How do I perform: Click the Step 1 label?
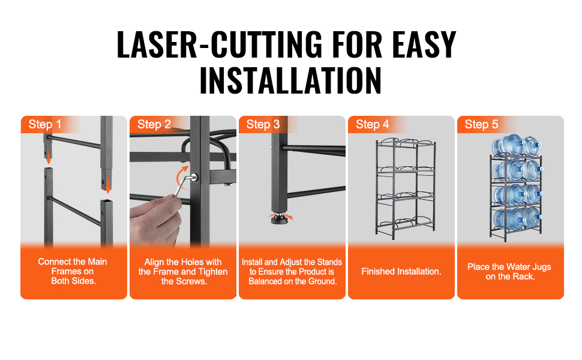[45, 124]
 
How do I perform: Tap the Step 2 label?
[154, 124]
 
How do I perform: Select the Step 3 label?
[263, 124]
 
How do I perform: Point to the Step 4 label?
[372, 124]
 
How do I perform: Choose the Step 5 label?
[481, 124]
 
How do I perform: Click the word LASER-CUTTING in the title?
[220, 45]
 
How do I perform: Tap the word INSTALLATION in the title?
[290, 80]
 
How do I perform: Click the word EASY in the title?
[424, 45]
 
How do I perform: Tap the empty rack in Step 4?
[406, 188]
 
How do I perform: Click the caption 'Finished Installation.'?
[401, 271]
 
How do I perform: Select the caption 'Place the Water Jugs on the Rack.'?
[509, 271]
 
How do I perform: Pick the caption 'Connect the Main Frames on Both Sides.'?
[73, 271]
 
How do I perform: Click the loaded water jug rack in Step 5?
[516, 187]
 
